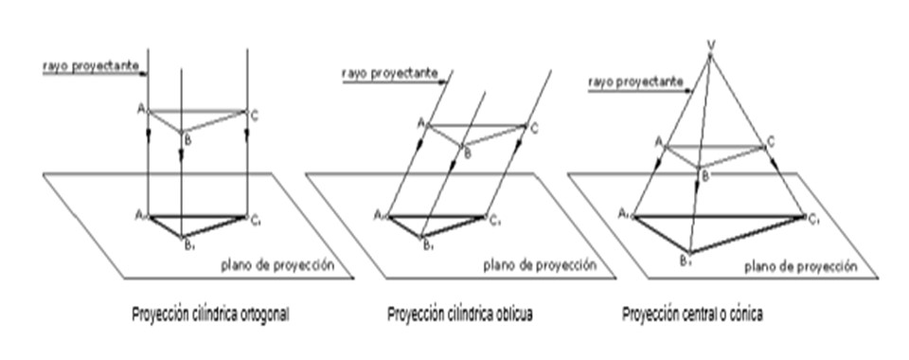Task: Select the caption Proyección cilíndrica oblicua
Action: [x=461, y=314]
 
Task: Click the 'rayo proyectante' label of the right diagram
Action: [x=633, y=82]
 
